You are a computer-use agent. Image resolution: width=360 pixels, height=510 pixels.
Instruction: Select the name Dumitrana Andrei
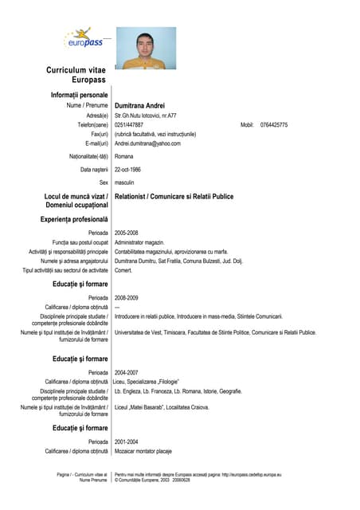click(x=140, y=105)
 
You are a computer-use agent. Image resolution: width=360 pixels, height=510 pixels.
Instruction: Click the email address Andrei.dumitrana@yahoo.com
click(x=148, y=143)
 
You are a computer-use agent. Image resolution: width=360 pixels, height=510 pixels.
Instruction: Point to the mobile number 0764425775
click(x=274, y=125)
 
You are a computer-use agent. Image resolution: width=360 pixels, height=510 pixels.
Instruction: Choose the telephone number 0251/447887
click(x=129, y=125)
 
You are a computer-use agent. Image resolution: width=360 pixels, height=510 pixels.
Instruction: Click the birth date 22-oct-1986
click(x=128, y=170)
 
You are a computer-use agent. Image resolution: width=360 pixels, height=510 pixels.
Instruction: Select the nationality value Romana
click(x=125, y=156)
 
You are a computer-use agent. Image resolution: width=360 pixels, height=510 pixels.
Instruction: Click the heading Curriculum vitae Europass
click(x=76, y=75)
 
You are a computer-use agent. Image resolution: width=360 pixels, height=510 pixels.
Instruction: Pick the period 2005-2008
click(x=127, y=233)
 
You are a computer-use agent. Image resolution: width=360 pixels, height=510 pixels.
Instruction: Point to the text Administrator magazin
click(x=139, y=242)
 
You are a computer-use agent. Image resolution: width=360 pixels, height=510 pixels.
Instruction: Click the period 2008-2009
click(x=127, y=297)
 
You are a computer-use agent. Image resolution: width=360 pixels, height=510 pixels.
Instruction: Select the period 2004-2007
click(x=127, y=372)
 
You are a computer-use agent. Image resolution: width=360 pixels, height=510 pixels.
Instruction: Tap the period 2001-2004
click(x=127, y=441)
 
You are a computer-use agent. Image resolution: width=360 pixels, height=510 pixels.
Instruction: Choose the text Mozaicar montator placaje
click(x=143, y=451)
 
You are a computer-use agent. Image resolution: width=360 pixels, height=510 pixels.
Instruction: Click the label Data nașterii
click(x=94, y=170)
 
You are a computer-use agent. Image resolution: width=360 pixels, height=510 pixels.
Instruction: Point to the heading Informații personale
click(x=79, y=95)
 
